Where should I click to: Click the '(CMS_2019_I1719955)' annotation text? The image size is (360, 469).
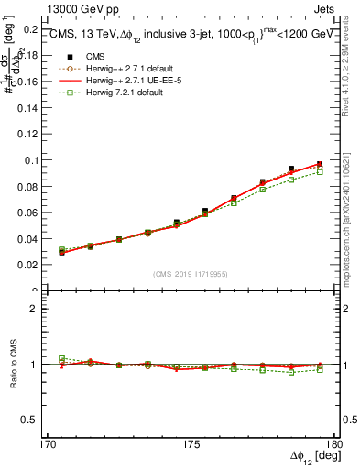(x=191, y=274)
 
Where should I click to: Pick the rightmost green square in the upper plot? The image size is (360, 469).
(x=320, y=172)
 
